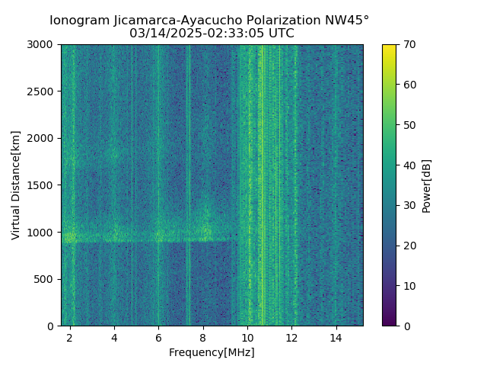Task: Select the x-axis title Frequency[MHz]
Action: click(212, 352)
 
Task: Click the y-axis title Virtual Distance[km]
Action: click(16, 185)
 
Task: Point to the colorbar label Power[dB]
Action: click(427, 185)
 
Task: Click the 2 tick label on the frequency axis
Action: click(70, 337)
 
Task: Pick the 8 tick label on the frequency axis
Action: click(202, 337)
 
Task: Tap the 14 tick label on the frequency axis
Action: click(336, 337)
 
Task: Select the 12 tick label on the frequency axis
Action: click(291, 337)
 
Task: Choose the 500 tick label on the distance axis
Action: click(45, 279)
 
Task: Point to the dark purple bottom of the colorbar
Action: click(389, 323)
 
